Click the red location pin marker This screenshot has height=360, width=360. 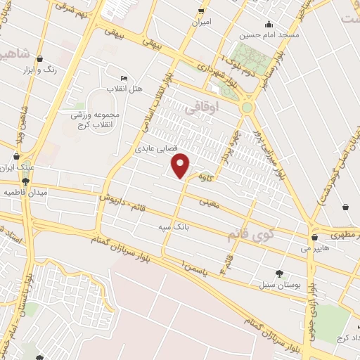pos(181,165)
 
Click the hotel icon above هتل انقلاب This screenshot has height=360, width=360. pos(124,78)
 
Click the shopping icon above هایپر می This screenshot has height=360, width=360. pos(314,238)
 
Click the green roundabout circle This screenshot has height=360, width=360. pos(247,108)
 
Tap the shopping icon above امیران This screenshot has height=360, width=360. pos(202,11)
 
